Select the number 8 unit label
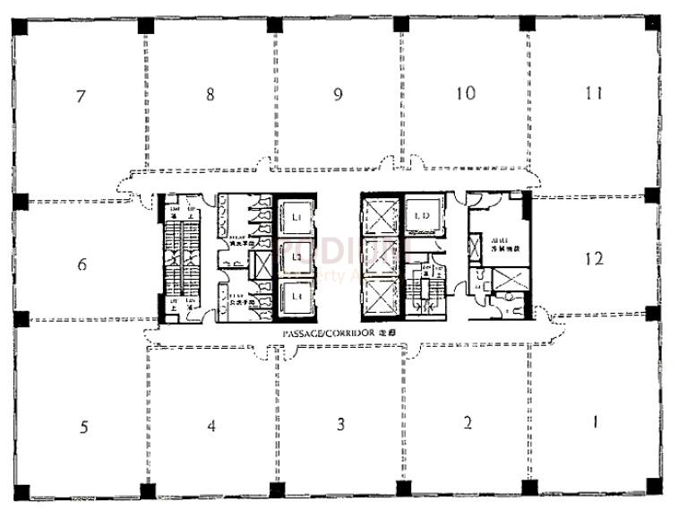point(210,94)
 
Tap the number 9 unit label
point(338,94)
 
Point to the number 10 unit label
point(465,93)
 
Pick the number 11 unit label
point(593,93)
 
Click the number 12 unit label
point(593,259)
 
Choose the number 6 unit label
point(82,265)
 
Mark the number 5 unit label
point(83,427)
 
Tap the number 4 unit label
point(211,426)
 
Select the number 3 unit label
point(340,424)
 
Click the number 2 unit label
point(468,423)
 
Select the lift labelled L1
point(295,216)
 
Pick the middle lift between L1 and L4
point(295,256)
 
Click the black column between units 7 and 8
point(144,26)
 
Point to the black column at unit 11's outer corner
point(653,26)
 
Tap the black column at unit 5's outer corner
point(21,491)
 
